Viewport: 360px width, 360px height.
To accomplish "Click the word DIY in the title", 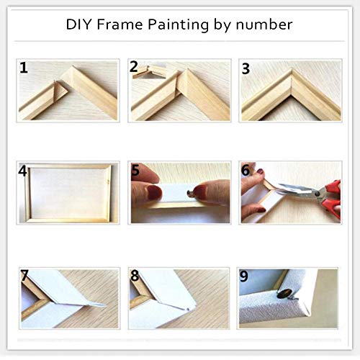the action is click(x=78, y=24).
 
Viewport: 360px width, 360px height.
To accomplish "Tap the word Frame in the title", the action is click(x=120, y=24).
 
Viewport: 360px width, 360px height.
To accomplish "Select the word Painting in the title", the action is click(x=178, y=25).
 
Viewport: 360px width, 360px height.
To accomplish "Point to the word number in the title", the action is click(x=264, y=25).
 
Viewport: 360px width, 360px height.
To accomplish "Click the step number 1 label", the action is click(x=24, y=68).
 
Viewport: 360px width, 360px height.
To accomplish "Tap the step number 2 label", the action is click(x=134, y=66).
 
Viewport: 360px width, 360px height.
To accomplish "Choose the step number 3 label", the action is click(x=246, y=69).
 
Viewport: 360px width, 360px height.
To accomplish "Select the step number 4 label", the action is click(x=22, y=171).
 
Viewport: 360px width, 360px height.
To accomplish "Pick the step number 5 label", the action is click(x=135, y=170).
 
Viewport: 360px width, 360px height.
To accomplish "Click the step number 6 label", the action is click(x=246, y=170).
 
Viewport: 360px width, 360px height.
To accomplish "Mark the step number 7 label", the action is click(x=24, y=276).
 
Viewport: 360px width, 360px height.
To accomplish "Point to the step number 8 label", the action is click(x=135, y=276).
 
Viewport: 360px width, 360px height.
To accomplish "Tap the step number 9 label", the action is click(x=244, y=276).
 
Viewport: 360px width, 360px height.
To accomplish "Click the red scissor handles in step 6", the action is click(x=331, y=199).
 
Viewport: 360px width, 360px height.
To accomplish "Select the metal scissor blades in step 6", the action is click(x=297, y=189).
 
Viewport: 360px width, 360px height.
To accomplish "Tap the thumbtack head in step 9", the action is click(x=284, y=294).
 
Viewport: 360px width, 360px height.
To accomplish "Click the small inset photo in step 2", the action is click(x=149, y=71).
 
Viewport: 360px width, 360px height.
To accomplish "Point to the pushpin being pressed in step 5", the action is click(x=190, y=193).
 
